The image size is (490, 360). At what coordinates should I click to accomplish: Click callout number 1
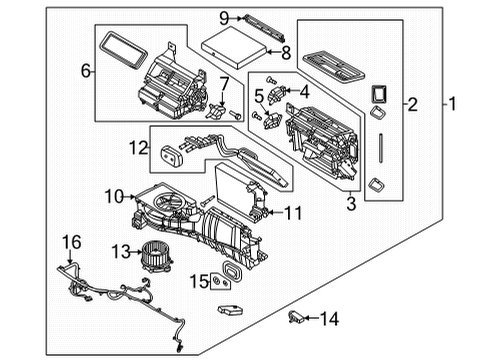(452, 103)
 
